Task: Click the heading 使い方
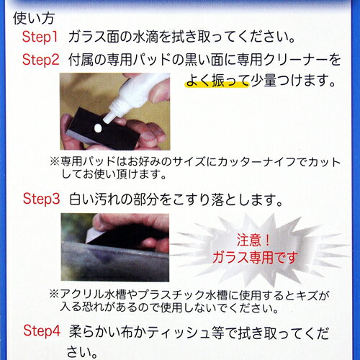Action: point(34,18)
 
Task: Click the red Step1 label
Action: point(40,37)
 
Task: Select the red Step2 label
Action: point(40,60)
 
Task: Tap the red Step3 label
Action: point(41,199)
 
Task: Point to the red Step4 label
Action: point(42,330)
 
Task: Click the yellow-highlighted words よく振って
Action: point(217,81)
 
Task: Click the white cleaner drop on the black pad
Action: point(98,128)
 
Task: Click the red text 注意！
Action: point(253,240)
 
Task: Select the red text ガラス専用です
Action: point(255,258)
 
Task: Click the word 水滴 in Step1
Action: point(145,37)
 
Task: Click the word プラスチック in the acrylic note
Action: point(171,295)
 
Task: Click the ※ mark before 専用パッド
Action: point(55,161)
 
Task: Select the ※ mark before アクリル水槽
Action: point(54,294)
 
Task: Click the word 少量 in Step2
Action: point(264,81)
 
